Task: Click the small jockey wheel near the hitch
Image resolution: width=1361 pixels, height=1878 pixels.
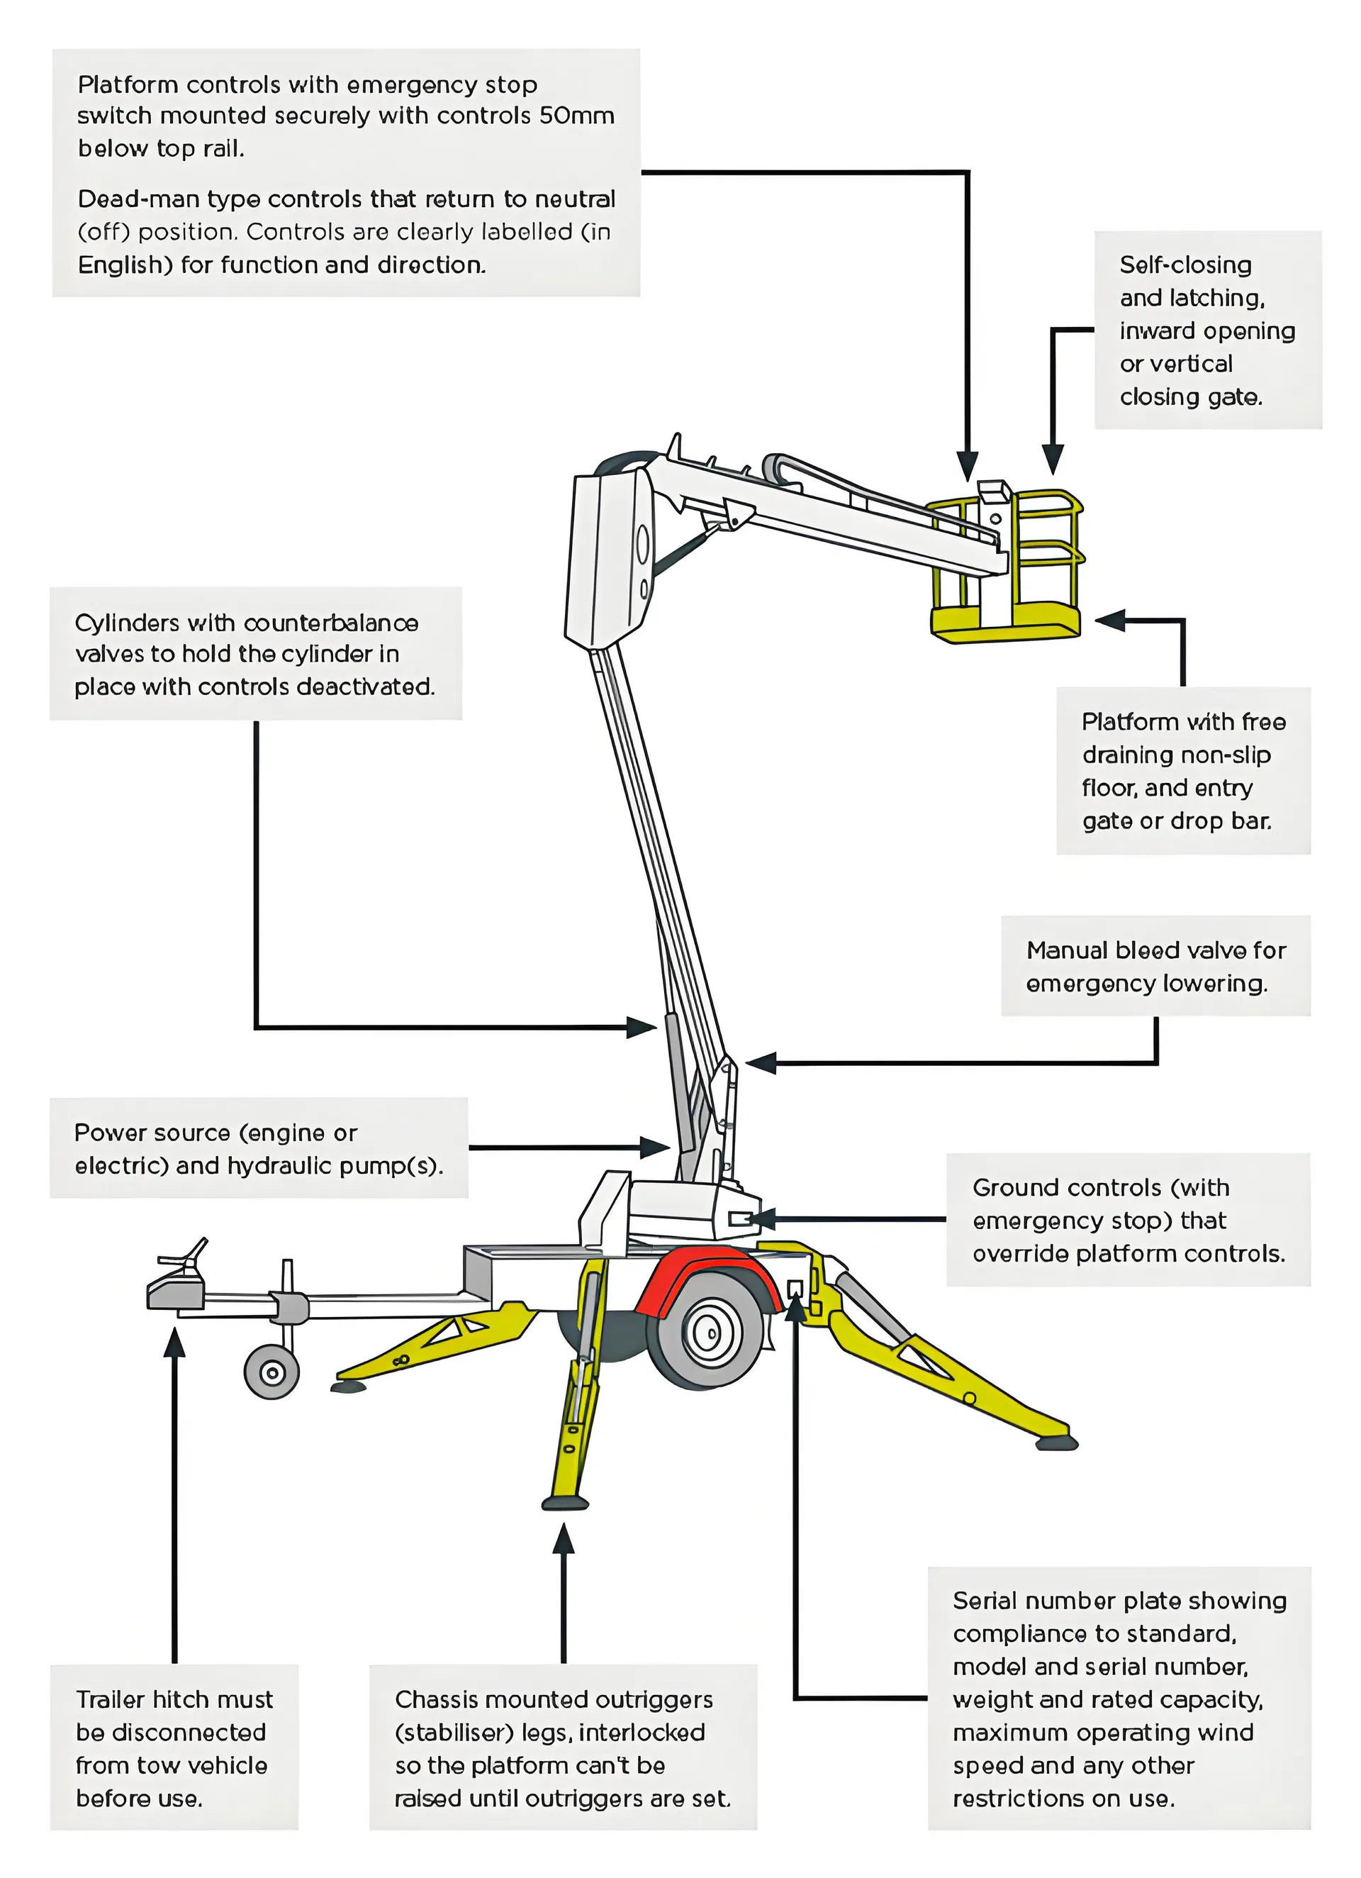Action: coord(271,1373)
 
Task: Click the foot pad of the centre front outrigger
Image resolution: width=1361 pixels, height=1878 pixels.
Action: coord(566,1503)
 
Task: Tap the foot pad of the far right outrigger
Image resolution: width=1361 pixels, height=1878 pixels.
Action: coord(1056,1443)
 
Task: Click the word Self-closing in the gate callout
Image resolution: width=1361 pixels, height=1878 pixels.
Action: coord(1184,265)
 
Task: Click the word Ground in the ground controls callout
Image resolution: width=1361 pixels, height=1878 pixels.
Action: coord(1007,1187)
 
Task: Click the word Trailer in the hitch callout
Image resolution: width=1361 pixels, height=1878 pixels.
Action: coord(111,1699)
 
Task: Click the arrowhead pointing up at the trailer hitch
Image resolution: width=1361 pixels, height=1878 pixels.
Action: coord(174,1344)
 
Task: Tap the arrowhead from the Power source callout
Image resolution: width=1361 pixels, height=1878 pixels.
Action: coord(656,1148)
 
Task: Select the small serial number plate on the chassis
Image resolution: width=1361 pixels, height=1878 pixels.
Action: coord(794,1289)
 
